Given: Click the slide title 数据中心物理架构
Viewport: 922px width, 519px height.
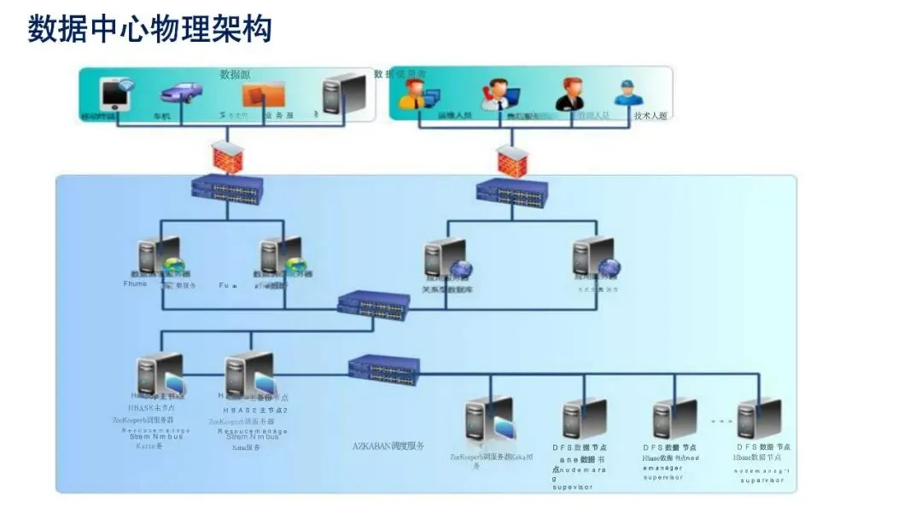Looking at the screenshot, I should coord(150,29).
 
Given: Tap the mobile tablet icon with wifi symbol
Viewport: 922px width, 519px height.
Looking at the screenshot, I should coord(115,94).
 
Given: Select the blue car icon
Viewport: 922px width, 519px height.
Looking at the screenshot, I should coord(180,91).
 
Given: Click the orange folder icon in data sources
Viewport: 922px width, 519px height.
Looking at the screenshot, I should coord(263,93).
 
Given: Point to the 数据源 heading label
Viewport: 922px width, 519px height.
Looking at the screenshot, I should coord(235,74).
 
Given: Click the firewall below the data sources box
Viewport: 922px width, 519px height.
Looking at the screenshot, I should coord(226,156).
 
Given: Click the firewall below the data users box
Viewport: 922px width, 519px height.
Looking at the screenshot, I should coord(511,158).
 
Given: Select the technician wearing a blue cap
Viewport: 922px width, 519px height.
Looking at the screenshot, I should coord(627,94).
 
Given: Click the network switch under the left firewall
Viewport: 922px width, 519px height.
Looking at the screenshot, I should coord(226,187).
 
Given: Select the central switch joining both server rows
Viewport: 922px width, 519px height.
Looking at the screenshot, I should coord(373,305).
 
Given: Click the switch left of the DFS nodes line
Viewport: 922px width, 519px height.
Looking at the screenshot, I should coord(384,369).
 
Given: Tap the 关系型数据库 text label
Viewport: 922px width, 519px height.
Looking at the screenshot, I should coord(447,289).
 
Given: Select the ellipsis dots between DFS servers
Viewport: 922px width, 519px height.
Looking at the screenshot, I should coord(721,421).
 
